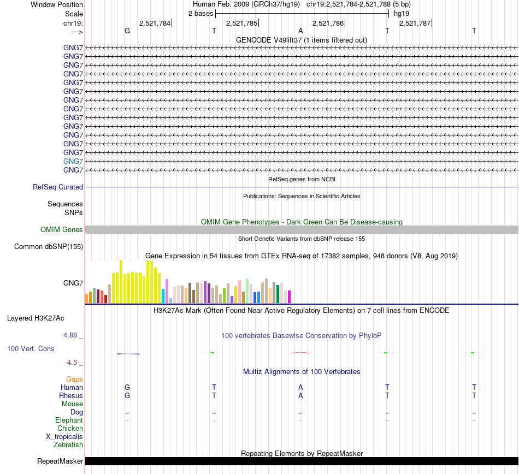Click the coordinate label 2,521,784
coord(155,23)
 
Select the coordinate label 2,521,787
coord(415,23)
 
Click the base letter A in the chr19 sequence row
coord(300,31)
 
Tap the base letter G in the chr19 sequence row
coord(127,31)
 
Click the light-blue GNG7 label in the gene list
coord(73,161)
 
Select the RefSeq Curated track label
coord(58,187)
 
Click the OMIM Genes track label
coord(62,229)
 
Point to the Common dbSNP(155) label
coord(49,246)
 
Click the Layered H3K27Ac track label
coord(36,318)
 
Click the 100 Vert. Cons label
coord(31,348)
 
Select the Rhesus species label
coord(71,395)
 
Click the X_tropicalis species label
coord(64,436)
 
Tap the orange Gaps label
coord(74,379)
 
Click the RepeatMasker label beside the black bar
coord(60,461)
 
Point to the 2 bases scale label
coord(200,13)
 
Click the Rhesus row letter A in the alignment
coord(300,395)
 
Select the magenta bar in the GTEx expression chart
coord(289,297)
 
